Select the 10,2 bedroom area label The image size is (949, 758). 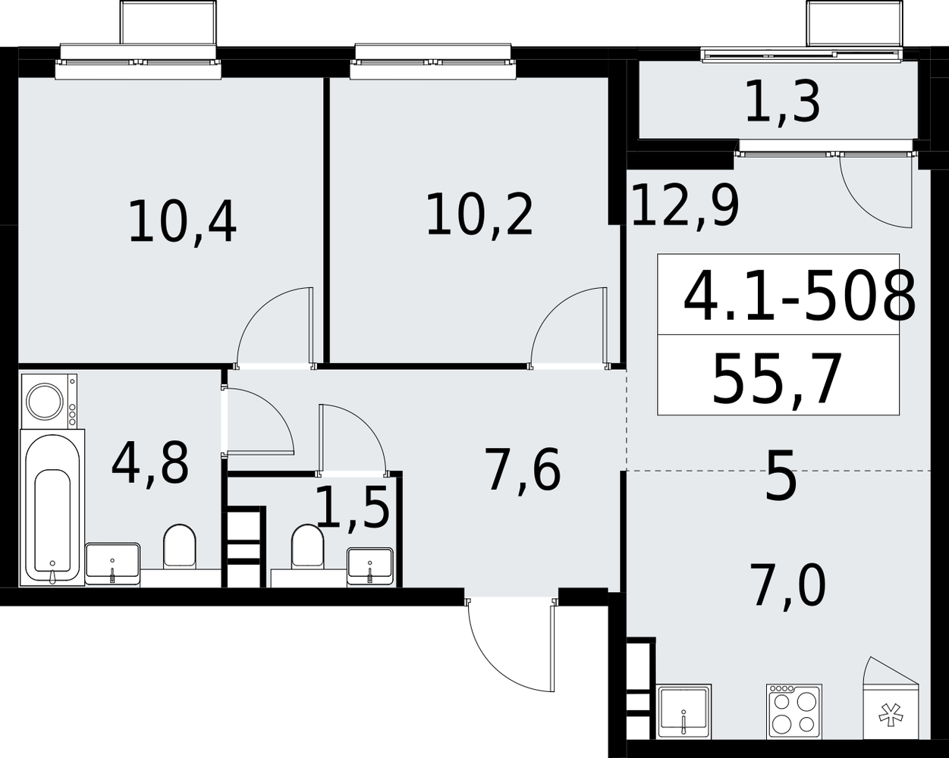pyautogui.click(x=479, y=216)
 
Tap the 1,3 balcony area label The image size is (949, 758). pyautogui.click(x=783, y=105)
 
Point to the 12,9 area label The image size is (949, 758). pyautogui.click(x=685, y=206)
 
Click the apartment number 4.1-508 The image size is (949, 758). pyautogui.click(x=800, y=297)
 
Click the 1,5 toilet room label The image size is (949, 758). pyautogui.click(x=353, y=508)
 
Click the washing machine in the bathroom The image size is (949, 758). pyautogui.click(x=49, y=401)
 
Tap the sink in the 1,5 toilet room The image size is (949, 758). pyautogui.click(x=369, y=567)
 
